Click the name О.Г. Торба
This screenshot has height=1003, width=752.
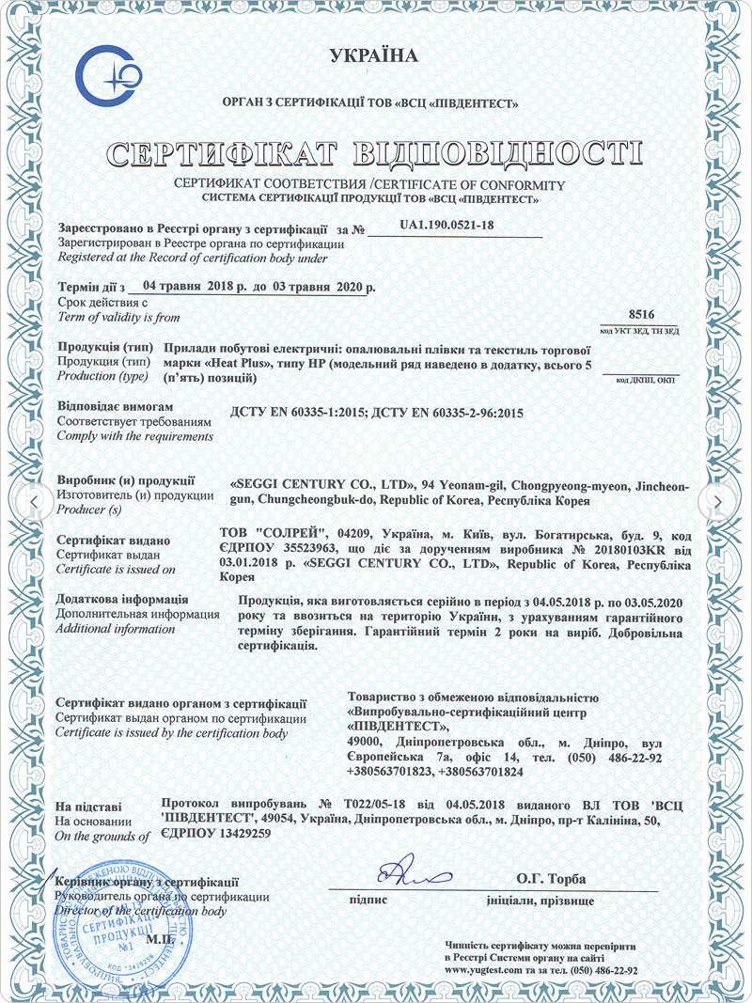[x=550, y=879]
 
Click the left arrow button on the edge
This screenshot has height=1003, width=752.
[x=34, y=502]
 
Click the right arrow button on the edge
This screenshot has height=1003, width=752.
[x=718, y=502]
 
